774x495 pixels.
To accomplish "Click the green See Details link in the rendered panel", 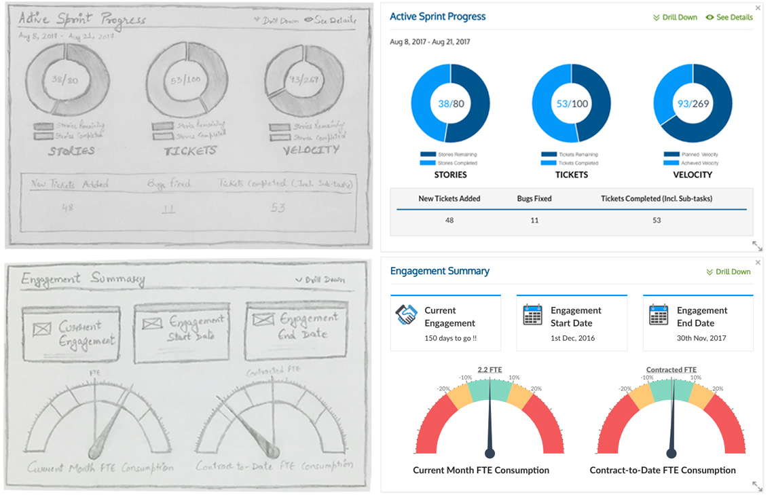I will pyautogui.click(x=729, y=17).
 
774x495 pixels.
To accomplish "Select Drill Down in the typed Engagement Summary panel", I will pyautogui.click(x=729, y=272).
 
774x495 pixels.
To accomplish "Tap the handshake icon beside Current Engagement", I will pyautogui.click(x=406, y=315).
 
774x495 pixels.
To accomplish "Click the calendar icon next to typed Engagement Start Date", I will pyautogui.click(x=533, y=315).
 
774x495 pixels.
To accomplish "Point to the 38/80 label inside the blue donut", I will pyautogui.click(x=450, y=104).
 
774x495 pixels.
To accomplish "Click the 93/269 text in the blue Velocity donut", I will pyautogui.click(x=693, y=104).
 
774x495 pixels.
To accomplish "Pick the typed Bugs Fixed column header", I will pyautogui.click(x=534, y=199).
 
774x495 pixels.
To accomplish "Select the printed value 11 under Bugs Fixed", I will pyautogui.click(x=534, y=220).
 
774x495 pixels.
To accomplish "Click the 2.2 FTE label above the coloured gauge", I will pyautogui.click(x=490, y=370).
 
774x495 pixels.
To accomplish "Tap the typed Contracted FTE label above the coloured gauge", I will pyautogui.click(x=671, y=370).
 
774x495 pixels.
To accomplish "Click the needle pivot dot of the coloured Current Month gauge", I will pyautogui.click(x=490, y=453).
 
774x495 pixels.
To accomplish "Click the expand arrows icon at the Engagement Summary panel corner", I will pyautogui.click(x=757, y=485).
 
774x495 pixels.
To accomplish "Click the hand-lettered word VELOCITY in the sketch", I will pyautogui.click(x=311, y=150).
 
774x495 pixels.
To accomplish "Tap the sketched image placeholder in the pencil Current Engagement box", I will pyautogui.click(x=42, y=329).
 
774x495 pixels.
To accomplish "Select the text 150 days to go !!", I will pyautogui.click(x=450, y=338).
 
